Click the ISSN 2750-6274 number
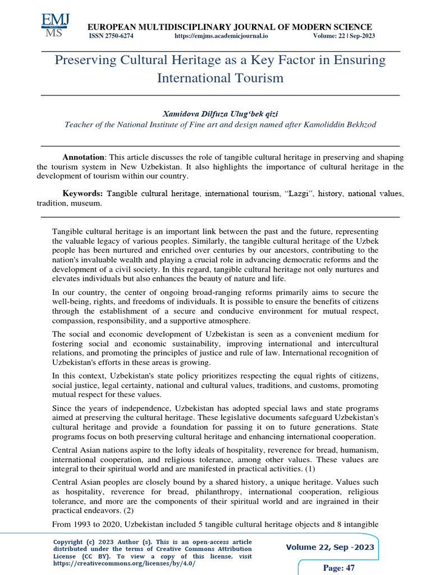point(112,36)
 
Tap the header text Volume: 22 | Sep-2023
point(344,36)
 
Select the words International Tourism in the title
point(220,78)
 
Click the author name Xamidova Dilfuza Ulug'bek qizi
point(220,114)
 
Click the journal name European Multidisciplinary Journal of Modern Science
point(228,27)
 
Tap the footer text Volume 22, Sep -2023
point(330,547)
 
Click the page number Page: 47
point(339,568)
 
